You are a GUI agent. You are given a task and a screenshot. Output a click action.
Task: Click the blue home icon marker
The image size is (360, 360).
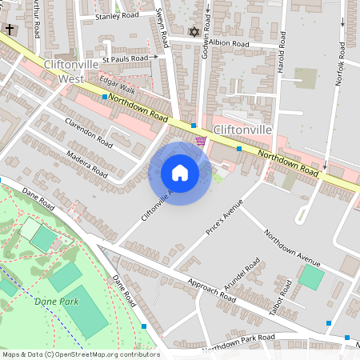[x=180, y=173]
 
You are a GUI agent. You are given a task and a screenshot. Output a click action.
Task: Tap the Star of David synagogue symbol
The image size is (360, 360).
[x=193, y=32]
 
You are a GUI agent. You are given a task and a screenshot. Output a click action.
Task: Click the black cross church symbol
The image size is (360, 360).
[x=10, y=29]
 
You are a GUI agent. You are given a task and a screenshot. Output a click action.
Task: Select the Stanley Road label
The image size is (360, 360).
[x=116, y=16]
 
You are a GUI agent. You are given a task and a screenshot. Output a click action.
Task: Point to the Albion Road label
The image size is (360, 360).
[x=230, y=44]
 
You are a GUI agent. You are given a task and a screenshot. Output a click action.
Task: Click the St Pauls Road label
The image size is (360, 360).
[x=129, y=58]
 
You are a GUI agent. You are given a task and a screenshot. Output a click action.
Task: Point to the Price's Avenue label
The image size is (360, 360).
[x=223, y=217]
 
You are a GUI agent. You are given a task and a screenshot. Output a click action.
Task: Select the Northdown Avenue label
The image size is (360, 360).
[x=292, y=248]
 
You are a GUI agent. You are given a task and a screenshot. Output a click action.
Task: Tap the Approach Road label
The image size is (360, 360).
[x=210, y=290]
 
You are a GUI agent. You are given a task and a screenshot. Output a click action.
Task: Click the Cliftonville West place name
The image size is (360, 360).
[x=72, y=71]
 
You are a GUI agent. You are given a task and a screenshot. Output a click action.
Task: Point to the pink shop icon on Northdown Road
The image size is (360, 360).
[x=201, y=141]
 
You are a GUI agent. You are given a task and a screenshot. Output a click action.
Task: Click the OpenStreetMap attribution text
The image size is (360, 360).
[x=81, y=354]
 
